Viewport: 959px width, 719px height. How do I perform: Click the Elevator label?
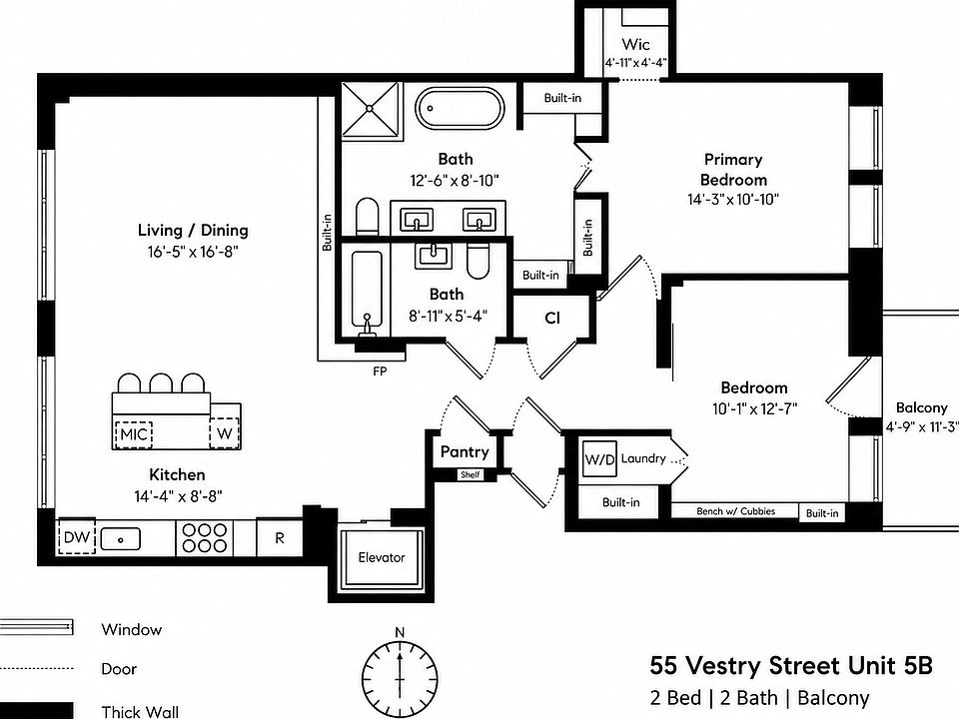(x=382, y=557)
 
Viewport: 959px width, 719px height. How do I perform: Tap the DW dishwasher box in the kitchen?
(x=77, y=538)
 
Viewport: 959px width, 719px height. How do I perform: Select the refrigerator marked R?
(x=280, y=538)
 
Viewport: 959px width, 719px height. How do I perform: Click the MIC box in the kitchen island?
(x=133, y=434)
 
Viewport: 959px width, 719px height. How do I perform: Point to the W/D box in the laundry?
(x=599, y=459)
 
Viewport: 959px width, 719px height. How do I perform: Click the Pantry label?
(x=465, y=452)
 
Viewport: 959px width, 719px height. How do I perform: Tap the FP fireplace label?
(x=380, y=371)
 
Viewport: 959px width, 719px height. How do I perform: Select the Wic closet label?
(x=635, y=44)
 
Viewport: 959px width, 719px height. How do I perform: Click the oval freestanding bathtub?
(x=460, y=109)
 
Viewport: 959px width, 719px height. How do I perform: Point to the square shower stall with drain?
(x=370, y=110)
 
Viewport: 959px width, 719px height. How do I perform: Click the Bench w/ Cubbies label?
(x=736, y=511)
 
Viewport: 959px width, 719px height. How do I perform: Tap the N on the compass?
(x=400, y=632)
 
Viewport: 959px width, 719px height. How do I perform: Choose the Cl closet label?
(x=552, y=318)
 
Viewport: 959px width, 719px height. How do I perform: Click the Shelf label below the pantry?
(x=471, y=474)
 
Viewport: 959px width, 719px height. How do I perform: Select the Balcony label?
(x=922, y=407)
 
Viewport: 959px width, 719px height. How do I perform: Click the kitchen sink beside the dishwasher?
(x=121, y=539)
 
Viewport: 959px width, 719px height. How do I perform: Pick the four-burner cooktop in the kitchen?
(x=205, y=538)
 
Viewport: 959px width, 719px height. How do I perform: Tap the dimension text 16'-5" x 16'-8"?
(x=193, y=252)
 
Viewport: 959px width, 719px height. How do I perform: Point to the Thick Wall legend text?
(x=140, y=712)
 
